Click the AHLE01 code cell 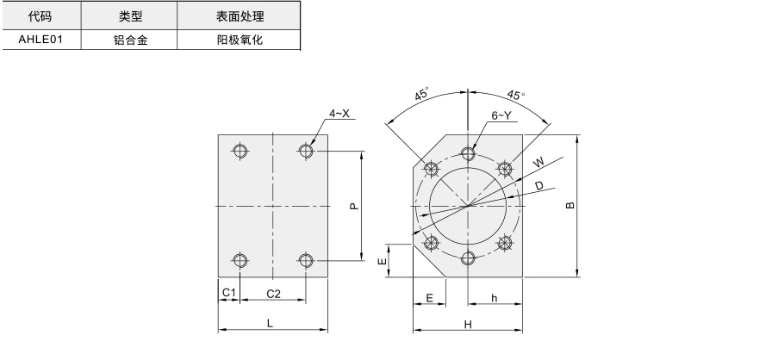click(x=40, y=40)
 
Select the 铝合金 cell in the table click(x=130, y=40)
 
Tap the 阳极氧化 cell click(x=240, y=40)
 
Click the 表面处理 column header click(x=240, y=16)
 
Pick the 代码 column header click(x=40, y=16)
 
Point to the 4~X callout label click(x=339, y=114)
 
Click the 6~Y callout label click(x=501, y=115)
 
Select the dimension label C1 click(x=228, y=293)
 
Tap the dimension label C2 click(x=273, y=294)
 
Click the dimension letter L click(x=270, y=323)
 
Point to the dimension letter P click(x=354, y=206)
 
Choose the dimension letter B click(x=570, y=205)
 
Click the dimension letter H click(x=468, y=325)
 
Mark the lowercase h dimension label click(x=495, y=297)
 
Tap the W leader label click(x=538, y=162)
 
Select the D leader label click(x=540, y=185)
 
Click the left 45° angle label click(x=422, y=94)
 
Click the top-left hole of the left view click(x=240, y=150)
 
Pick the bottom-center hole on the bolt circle click(x=468, y=258)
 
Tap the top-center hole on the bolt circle click(x=468, y=153)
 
